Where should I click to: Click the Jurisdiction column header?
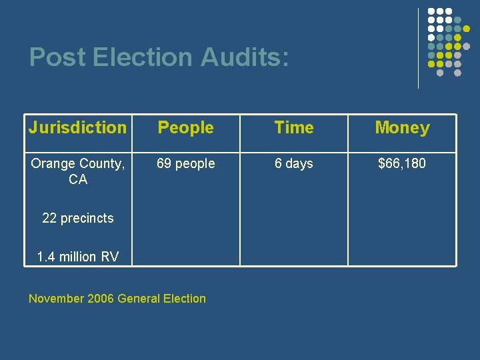pyautogui.click(x=77, y=127)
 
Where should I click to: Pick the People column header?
pyautogui.click(x=185, y=127)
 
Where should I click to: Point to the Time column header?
pyautogui.click(x=294, y=127)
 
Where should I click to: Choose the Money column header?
pyautogui.click(x=402, y=127)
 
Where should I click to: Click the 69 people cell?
pyautogui.click(x=186, y=163)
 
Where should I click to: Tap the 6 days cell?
pyautogui.click(x=294, y=163)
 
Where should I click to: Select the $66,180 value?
pyautogui.click(x=402, y=163)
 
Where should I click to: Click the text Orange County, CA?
pyautogui.click(x=78, y=171)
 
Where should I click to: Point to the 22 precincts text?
pyautogui.click(x=78, y=218)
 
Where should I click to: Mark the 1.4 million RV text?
pyautogui.click(x=78, y=257)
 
